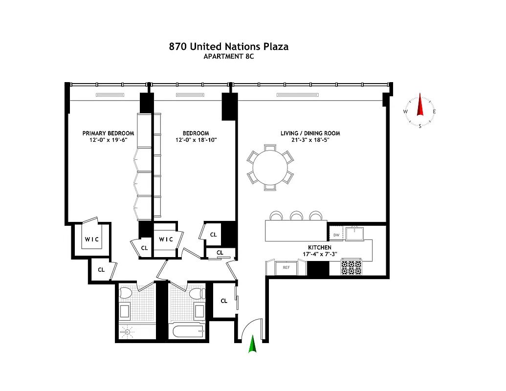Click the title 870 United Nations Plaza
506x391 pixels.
(x=228, y=47)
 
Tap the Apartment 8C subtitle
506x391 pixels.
(x=228, y=57)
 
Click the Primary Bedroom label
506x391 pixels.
(x=108, y=133)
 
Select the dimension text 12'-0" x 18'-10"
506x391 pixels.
(x=196, y=140)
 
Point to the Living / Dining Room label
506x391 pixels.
(x=310, y=133)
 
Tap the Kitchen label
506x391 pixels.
(x=319, y=248)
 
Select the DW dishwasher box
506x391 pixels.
(x=336, y=235)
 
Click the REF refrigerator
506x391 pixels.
(x=286, y=267)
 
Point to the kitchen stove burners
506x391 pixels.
(x=351, y=267)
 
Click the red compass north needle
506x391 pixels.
(x=419, y=106)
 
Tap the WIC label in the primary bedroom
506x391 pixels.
(x=91, y=239)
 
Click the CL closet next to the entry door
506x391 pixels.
(x=224, y=301)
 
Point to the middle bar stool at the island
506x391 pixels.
(x=296, y=216)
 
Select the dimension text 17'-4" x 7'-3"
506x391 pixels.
(x=319, y=254)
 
